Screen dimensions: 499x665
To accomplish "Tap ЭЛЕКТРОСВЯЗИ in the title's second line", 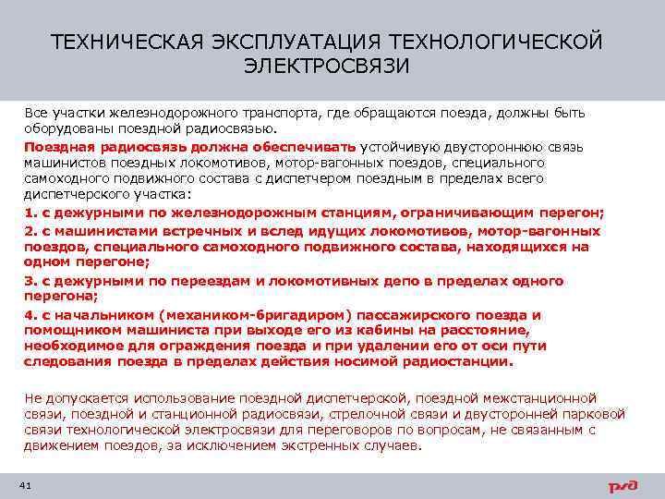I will (328, 67).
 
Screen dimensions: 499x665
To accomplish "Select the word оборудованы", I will (64, 128).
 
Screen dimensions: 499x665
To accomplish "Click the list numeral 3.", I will (29, 281).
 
